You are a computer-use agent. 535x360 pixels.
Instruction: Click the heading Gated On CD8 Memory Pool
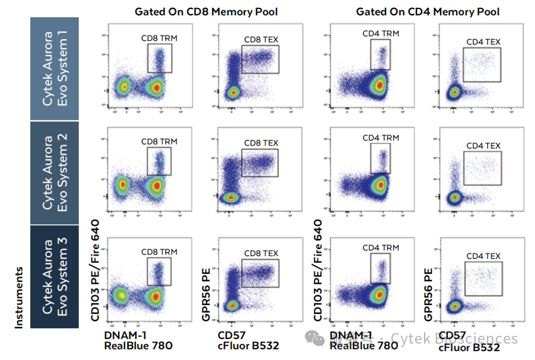tap(206, 11)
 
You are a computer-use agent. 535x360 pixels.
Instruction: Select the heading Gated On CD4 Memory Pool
tap(428, 11)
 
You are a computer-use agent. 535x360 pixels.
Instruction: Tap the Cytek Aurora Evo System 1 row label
tap(54, 68)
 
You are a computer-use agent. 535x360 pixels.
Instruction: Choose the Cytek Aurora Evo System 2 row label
tap(54, 173)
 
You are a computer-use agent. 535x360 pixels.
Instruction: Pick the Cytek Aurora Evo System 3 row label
tap(54, 276)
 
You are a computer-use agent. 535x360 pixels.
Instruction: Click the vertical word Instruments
tap(19, 298)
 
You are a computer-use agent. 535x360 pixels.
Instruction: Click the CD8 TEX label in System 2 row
tap(261, 143)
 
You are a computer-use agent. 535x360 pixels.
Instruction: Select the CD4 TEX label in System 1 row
tap(483, 42)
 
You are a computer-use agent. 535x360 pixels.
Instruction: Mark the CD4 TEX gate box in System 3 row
tap(483, 279)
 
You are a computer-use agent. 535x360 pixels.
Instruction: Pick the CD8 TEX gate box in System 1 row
tap(260, 59)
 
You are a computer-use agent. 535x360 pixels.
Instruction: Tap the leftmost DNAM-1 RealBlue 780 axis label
tap(138, 341)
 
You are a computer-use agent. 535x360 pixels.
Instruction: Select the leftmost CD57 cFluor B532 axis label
tap(248, 341)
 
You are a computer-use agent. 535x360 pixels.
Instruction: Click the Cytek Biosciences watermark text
tap(454, 338)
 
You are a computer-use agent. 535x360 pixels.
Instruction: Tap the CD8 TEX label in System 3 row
tap(261, 254)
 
